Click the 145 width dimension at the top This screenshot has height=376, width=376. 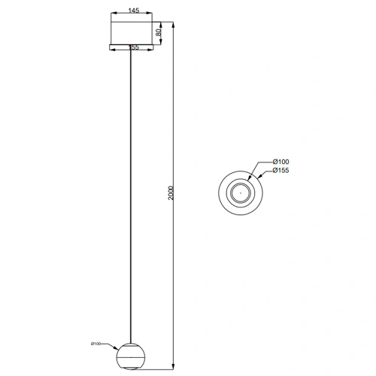pos(134,11)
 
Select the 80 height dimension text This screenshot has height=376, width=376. pos(158,32)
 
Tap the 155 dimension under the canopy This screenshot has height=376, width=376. pos(134,47)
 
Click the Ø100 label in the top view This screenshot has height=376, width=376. pos(280,162)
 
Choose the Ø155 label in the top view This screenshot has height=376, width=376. pos(280,171)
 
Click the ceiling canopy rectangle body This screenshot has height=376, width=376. pos(134,31)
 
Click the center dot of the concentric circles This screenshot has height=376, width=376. pos(239,193)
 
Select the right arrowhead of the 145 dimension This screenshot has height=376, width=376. pos(156,17)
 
